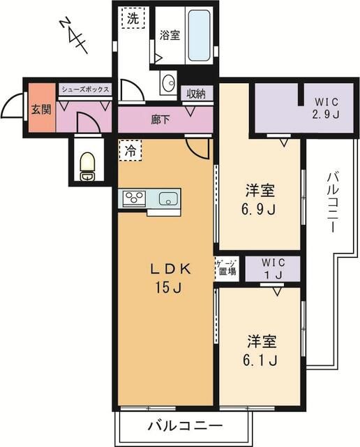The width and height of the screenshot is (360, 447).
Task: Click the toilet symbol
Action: pyautogui.click(x=87, y=167)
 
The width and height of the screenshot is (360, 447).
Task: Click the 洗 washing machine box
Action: pyautogui.click(x=133, y=19)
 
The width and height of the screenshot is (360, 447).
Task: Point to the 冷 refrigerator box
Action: pyautogui.click(x=130, y=149)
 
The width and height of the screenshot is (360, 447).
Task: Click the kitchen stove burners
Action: pyautogui.click(x=134, y=198)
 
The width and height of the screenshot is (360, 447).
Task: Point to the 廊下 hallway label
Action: pyautogui.click(x=160, y=119)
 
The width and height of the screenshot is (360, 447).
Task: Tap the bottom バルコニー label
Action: pyautogui.click(x=185, y=426)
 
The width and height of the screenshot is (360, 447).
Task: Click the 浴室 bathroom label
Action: pyautogui.click(x=170, y=36)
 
